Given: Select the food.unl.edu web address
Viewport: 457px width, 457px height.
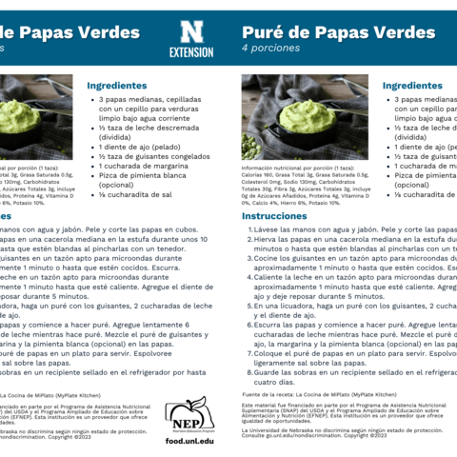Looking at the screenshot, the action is click(189, 442).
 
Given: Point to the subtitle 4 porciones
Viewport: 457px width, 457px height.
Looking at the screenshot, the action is click(271, 48).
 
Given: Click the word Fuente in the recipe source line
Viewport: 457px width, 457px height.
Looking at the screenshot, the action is click(251, 393).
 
